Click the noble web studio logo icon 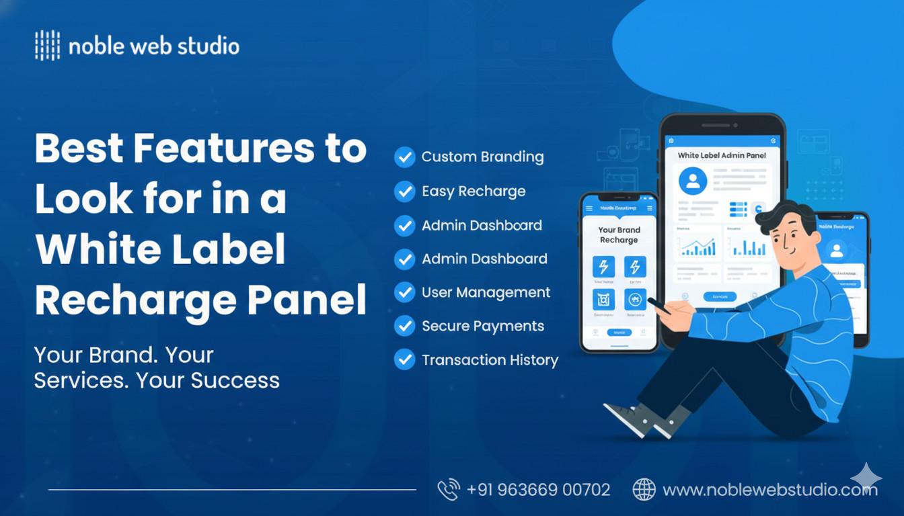47,46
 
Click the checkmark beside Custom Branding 404,157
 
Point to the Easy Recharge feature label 474,191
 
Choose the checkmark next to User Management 404,292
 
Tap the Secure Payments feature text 483,327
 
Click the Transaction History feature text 490,360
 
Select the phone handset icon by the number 448,489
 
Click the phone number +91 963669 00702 538,490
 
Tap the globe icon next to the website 644,490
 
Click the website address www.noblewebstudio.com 769,490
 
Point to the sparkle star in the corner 866,476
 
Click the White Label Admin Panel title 721,155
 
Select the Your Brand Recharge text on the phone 619,235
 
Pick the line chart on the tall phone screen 697,247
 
